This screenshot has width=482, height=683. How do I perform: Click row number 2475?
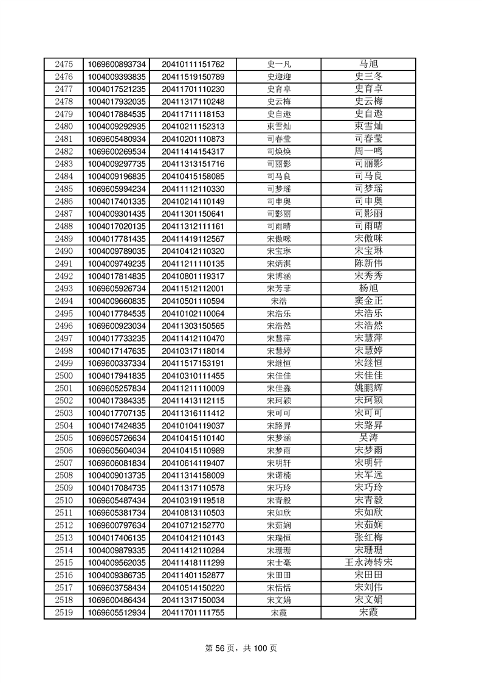(x=64, y=64)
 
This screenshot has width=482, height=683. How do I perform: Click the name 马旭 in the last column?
(x=368, y=64)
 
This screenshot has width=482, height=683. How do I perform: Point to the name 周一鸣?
(x=368, y=152)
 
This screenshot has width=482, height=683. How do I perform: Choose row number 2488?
(x=64, y=226)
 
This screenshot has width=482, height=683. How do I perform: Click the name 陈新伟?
(x=368, y=264)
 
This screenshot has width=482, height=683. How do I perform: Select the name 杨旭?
(x=368, y=289)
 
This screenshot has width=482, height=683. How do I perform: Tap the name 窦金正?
(x=368, y=301)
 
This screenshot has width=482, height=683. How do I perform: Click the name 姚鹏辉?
(x=368, y=388)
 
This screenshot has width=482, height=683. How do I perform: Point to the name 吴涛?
(x=368, y=438)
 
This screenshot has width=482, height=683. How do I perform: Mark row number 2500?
(x=64, y=376)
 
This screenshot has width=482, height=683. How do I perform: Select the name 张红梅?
(x=368, y=538)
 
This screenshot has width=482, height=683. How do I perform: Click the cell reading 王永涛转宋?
(x=368, y=563)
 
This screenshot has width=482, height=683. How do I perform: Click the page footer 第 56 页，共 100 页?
(x=241, y=648)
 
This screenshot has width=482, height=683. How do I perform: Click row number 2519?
(x=64, y=613)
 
